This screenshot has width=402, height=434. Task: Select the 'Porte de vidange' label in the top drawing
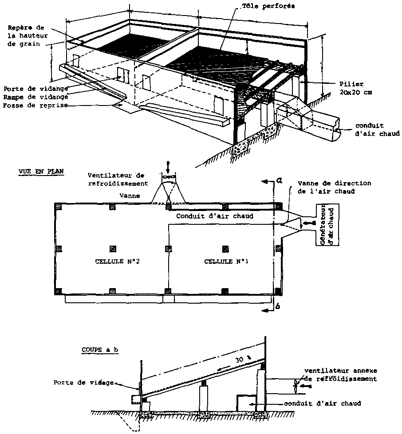tap(35, 88)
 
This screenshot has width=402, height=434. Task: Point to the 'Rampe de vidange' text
tap(35, 97)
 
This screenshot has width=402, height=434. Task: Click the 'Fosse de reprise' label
tap(35, 106)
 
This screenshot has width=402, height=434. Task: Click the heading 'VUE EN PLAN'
tap(41, 172)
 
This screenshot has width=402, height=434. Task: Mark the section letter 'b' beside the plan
tap(277, 306)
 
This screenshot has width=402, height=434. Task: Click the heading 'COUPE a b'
tap(100, 349)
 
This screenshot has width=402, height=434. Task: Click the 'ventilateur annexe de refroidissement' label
tap(340, 375)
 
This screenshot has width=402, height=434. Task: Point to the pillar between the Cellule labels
tap(168, 249)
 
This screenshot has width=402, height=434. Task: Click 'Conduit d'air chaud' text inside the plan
tap(215, 216)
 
